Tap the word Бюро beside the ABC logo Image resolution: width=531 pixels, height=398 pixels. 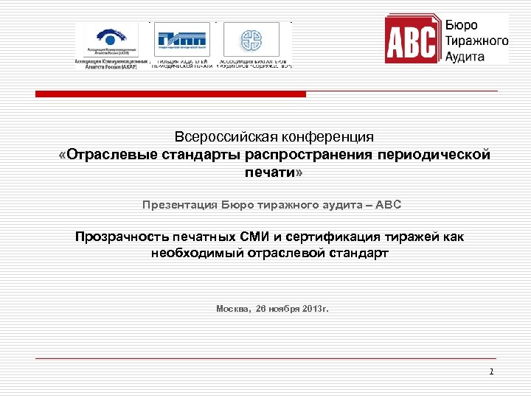point(462,25)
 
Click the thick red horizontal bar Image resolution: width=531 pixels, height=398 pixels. point(171,94)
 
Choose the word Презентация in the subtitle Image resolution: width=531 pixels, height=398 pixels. point(180,204)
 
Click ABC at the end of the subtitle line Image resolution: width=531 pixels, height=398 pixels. point(389,204)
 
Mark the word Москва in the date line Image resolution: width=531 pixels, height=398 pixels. point(234,309)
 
